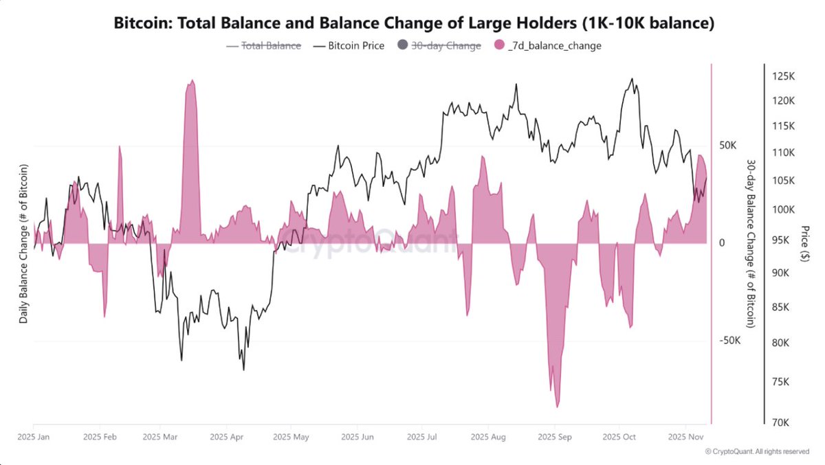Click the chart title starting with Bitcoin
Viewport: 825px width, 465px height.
412,23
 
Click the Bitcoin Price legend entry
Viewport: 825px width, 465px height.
349,46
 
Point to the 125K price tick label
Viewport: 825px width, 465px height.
783,76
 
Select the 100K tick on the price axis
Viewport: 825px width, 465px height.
783,209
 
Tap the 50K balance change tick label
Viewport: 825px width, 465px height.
727,146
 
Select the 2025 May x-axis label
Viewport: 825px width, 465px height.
291,436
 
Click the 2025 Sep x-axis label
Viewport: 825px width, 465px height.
554,436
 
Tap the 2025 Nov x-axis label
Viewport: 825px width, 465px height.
687,436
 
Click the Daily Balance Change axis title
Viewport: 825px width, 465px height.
23,244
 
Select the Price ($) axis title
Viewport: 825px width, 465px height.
805,244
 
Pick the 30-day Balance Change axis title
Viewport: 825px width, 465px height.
750,244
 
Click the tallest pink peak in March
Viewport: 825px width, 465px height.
191,82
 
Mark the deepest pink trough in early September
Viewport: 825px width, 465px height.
557,406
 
